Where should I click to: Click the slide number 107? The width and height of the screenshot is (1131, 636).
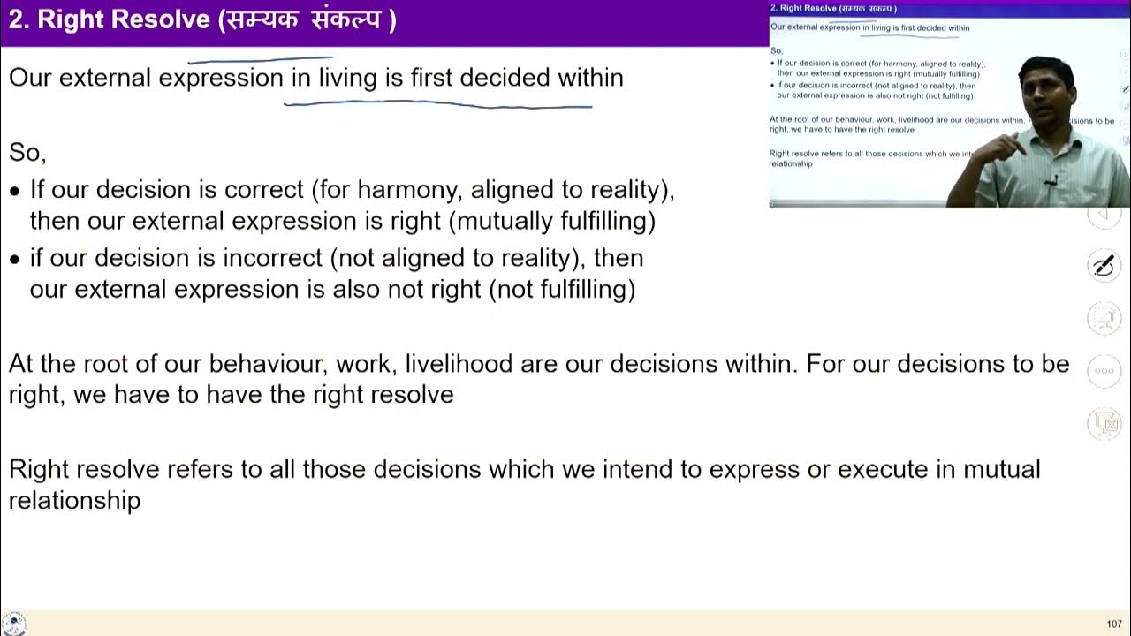tap(1114, 625)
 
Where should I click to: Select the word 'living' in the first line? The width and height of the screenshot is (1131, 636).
tap(347, 78)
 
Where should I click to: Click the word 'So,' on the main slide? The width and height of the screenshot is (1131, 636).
tap(27, 153)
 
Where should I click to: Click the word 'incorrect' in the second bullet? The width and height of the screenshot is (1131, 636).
tap(272, 258)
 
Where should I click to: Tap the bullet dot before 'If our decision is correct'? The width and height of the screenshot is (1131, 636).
tap(14, 191)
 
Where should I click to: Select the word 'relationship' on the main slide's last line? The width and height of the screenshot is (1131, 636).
tap(74, 501)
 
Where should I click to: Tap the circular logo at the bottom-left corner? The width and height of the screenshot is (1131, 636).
tap(13, 623)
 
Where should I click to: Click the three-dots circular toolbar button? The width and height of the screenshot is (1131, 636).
tap(1104, 371)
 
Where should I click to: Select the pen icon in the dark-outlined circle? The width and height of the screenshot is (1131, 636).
tap(1104, 264)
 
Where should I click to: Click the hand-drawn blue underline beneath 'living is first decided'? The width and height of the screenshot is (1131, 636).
tap(437, 104)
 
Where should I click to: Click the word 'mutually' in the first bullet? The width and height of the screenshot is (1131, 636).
tap(502, 221)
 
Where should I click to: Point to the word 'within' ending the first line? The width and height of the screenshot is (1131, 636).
tap(590, 78)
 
